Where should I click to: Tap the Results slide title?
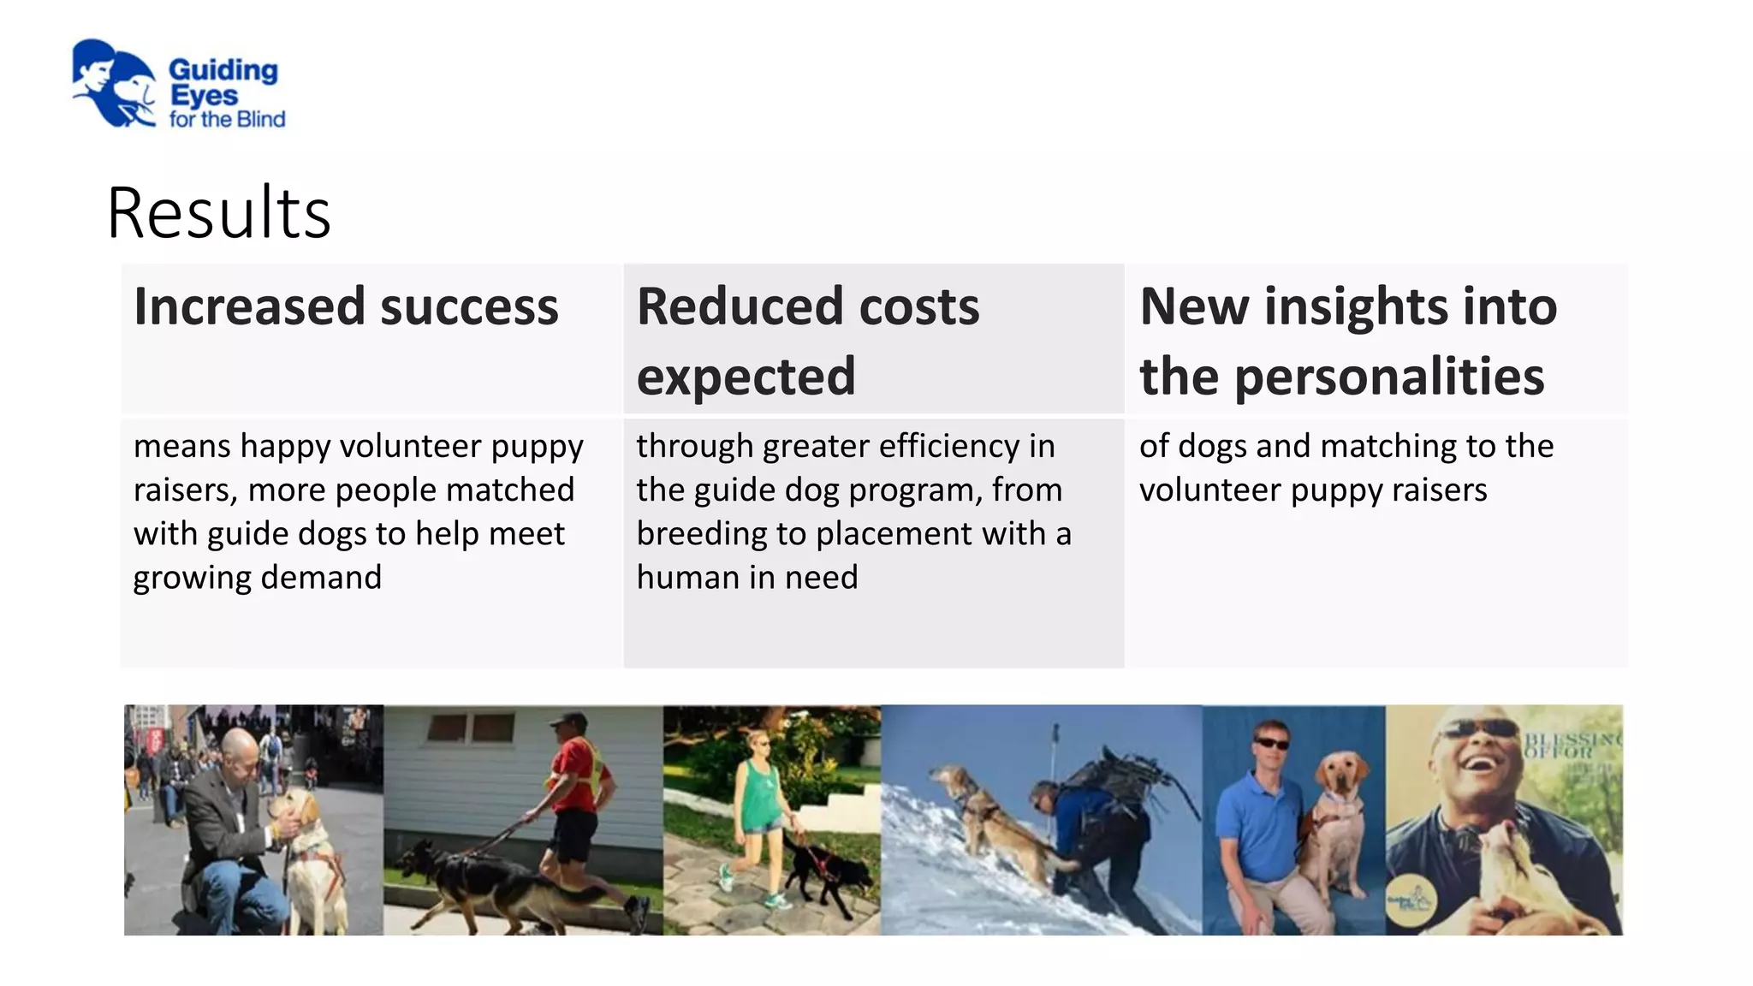(x=219, y=213)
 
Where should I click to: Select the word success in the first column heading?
(x=469, y=306)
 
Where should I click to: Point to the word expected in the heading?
(x=746, y=377)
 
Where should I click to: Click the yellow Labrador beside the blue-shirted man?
(x=1335, y=822)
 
